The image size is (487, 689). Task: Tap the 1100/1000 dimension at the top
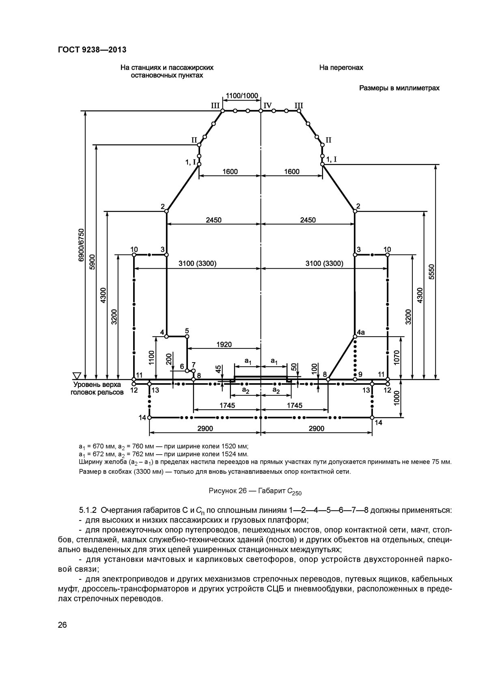(242, 95)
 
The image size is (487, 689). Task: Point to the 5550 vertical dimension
(431, 272)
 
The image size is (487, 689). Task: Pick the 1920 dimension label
(224, 345)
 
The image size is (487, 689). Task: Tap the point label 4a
(360, 333)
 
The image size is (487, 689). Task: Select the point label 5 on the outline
(187, 330)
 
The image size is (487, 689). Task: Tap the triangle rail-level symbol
(77, 375)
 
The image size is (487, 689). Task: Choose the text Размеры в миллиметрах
(399, 88)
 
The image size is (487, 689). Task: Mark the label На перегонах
(341, 68)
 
